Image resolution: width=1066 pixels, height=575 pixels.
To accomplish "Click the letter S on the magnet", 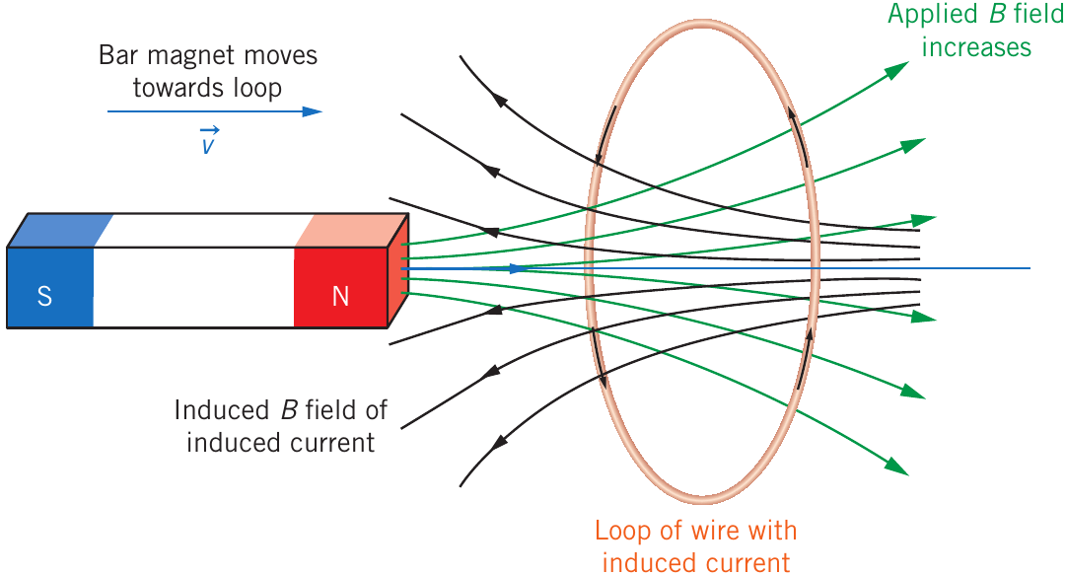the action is pos(44,296).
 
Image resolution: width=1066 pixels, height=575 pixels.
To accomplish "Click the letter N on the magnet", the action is pos(340,296).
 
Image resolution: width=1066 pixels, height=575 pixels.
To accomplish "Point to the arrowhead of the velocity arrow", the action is pos(312,111).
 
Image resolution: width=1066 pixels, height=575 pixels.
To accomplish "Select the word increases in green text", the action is pos(976,47).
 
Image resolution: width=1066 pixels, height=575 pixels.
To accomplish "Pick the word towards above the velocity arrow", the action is pos(178,88).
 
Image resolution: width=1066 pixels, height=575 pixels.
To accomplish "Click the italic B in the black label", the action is pos(289,410).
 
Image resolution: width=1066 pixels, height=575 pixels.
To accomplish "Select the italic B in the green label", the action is pos(997,14).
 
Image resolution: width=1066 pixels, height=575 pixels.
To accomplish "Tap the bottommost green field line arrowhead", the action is pos(897,467).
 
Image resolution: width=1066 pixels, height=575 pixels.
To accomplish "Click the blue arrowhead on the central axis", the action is pos(518,268).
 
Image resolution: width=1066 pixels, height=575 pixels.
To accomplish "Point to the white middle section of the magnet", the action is pos(193,287).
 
